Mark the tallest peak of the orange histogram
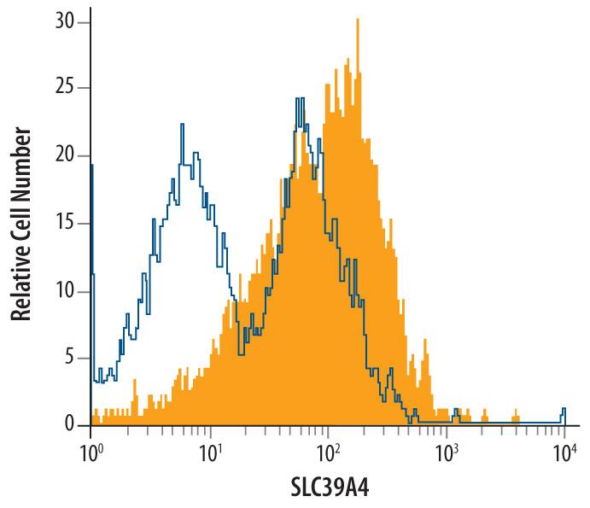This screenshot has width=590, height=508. (x=356, y=20)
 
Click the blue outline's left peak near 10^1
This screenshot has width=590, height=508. (x=182, y=126)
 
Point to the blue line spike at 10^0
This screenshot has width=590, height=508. (x=91, y=166)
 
